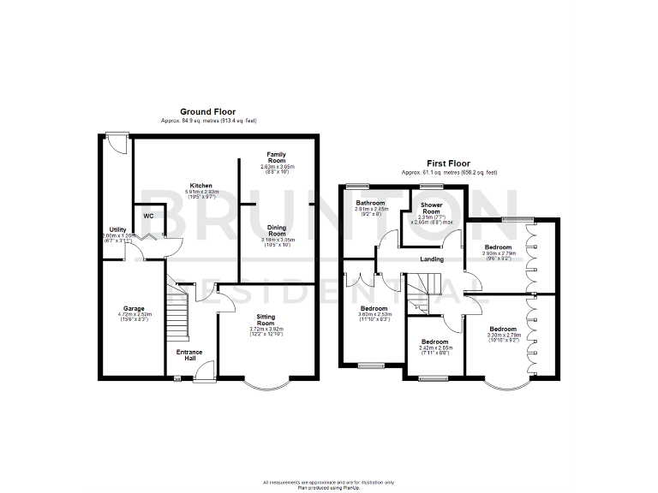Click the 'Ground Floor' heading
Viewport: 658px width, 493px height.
click(x=207, y=112)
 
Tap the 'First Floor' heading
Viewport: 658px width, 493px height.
click(x=449, y=163)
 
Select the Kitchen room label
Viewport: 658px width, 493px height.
click(x=201, y=185)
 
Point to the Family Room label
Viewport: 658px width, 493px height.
click(x=276, y=157)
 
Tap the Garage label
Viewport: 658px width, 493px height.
click(x=134, y=308)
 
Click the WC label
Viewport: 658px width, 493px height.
click(x=149, y=216)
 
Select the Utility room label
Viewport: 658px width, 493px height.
click(x=117, y=229)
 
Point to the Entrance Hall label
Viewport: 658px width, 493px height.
click(x=189, y=354)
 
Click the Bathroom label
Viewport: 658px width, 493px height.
click(x=371, y=203)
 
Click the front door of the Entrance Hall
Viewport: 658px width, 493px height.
click(x=204, y=370)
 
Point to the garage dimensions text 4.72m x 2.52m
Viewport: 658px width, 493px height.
click(x=134, y=314)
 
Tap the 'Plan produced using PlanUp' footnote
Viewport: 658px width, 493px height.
click(x=329, y=488)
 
